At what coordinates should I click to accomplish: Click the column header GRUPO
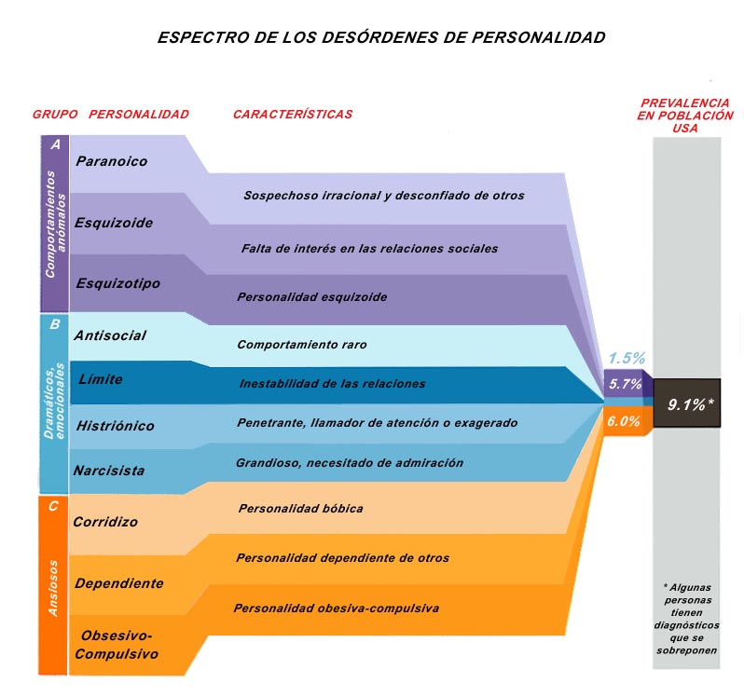click(x=55, y=115)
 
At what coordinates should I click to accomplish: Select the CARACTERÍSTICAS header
click(x=293, y=114)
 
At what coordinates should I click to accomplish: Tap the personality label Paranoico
click(x=112, y=161)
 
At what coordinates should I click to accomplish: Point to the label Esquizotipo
click(x=118, y=283)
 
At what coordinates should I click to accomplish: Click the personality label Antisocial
click(x=110, y=335)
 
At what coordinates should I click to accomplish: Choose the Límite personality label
click(x=101, y=379)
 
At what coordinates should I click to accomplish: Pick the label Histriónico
click(x=116, y=426)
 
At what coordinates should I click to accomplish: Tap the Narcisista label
click(x=109, y=471)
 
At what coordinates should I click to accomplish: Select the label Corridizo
click(x=105, y=522)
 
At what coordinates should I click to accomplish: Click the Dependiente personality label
click(x=119, y=583)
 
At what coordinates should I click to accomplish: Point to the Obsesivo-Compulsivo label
click(x=117, y=645)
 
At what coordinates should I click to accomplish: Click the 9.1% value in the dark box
click(x=690, y=404)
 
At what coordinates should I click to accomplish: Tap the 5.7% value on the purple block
click(x=626, y=384)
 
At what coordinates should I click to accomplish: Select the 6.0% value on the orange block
click(x=624, y=421)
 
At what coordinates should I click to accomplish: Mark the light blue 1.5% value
click(x=627, y=358)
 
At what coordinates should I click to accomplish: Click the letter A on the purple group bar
click(x=56, y=144)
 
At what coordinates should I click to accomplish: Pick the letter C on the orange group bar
click(x=53, y=506)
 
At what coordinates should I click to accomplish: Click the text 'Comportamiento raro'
click(x=302, y=345)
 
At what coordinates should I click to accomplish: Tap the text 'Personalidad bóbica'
click(x=301, y=509)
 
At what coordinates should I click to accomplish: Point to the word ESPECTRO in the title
click(x=204, y=37)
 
